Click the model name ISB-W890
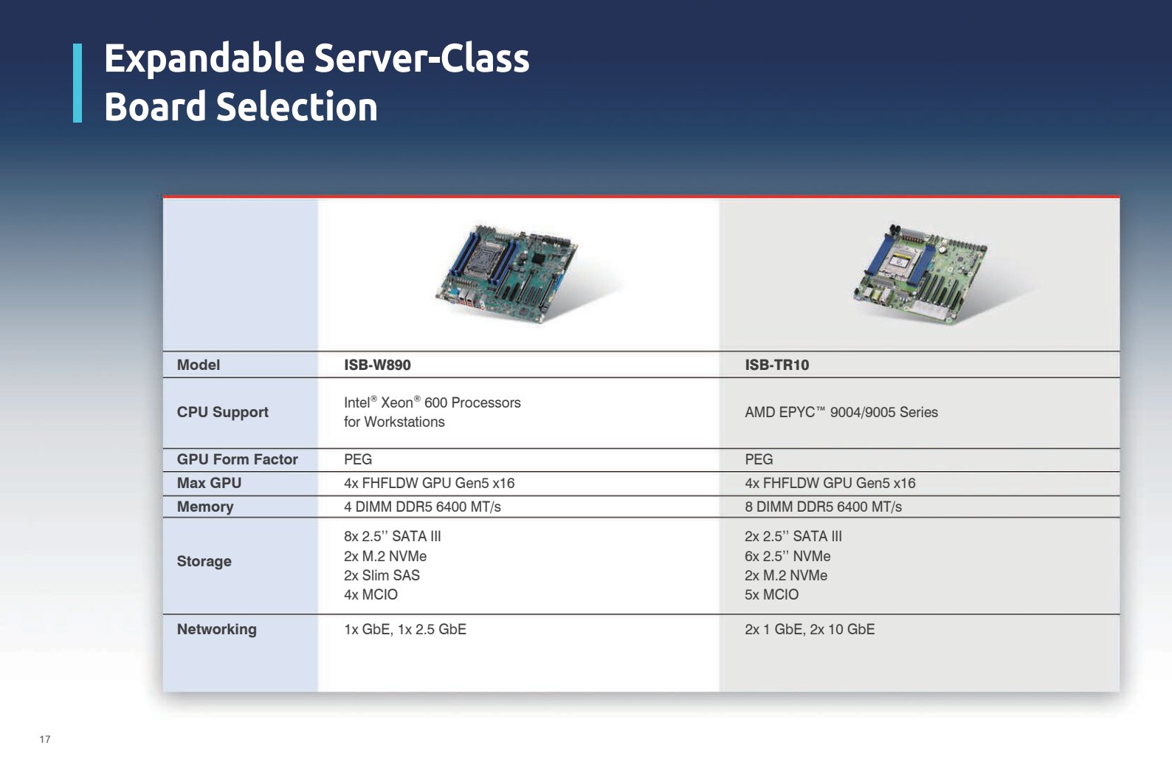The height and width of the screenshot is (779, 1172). click(x=377, y=365)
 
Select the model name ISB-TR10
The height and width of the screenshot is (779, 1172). click(x=777, y=365)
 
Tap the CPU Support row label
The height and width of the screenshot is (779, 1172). click(x=222, y=413)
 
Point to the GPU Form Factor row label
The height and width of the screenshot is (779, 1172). click(x=237, y=459)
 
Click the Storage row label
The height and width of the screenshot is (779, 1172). click(x=204, y=561)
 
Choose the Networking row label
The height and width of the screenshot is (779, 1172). click(x=216, y=629)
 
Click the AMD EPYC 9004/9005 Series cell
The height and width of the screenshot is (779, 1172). click(x=841, y=413)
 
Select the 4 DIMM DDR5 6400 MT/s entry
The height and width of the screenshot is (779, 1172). click(x=422, y=507)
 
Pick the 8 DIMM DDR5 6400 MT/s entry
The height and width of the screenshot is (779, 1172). click(x=823, y=507)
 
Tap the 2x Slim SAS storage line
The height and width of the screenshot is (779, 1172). click(x=382, y=575)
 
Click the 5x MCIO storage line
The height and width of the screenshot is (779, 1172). click(x=772, y=594)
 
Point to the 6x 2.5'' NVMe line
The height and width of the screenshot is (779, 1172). click(x=787, y=556)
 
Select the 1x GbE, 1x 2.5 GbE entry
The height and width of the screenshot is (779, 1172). click(x=405, y=629)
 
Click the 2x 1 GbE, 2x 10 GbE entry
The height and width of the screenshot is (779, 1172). click(x=810, y=629)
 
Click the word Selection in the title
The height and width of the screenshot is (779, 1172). click(x=297, y=106)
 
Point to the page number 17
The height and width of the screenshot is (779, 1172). click(x=45, y=739)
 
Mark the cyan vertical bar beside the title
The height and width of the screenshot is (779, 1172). click(x=77, y=83)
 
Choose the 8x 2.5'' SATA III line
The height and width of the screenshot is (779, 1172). click(x=393, y=537)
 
